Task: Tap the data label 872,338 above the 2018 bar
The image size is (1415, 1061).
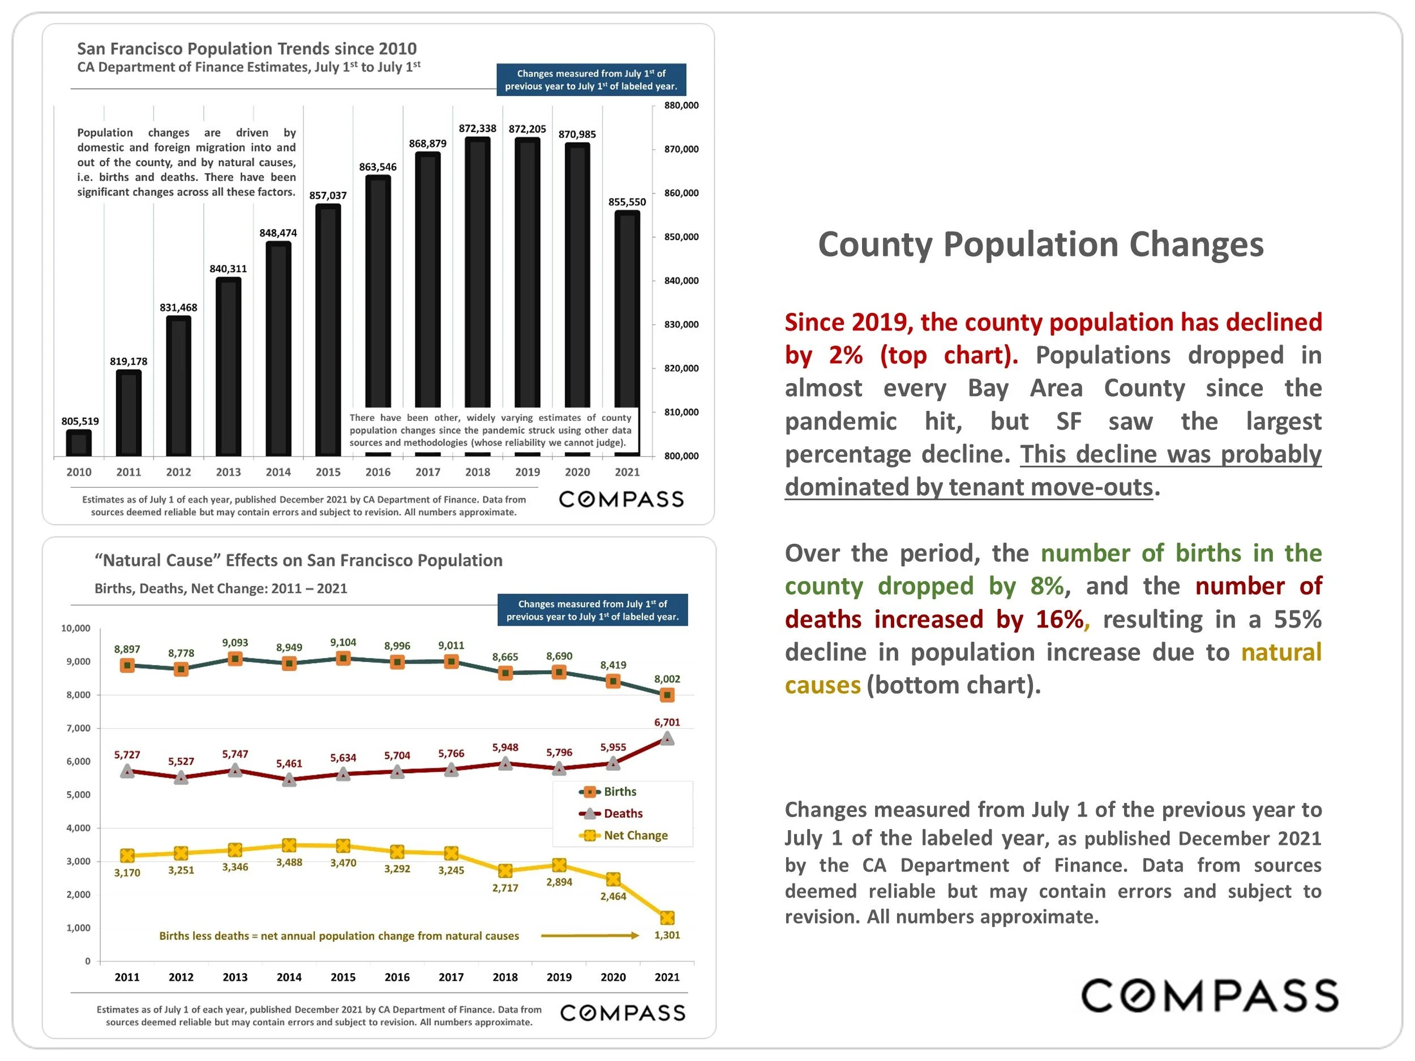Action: click(477, 128)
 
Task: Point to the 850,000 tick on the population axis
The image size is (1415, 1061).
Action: click(681, 237)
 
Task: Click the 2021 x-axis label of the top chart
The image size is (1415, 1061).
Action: click(627, 472)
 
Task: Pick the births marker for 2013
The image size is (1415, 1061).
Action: click(235, 659)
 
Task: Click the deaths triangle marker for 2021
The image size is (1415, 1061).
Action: click(667, 738)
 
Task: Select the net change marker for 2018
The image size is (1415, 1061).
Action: click(505, 871)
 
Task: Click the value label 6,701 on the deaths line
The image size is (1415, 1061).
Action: click(667, 722)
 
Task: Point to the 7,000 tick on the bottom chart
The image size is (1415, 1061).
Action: click(78, 728)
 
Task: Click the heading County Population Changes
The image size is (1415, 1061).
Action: click(1041, 244)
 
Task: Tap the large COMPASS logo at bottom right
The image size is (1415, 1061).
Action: click(1209, 996)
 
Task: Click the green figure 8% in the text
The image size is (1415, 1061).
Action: click(1047, 586)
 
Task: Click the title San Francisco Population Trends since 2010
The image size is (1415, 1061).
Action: click(246, 49)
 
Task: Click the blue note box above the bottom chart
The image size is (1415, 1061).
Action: click(593, 610)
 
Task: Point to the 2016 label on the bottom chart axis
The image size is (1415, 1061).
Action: click(397, 977)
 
